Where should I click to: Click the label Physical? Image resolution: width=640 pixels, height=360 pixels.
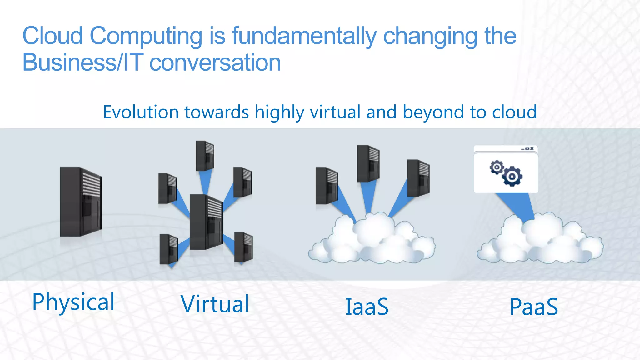tap(73, 302)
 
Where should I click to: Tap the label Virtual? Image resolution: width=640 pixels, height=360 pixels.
tap(215, 304)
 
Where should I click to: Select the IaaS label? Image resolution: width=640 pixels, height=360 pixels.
tap(367, 307)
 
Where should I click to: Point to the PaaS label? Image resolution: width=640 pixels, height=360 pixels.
tap(534, 307)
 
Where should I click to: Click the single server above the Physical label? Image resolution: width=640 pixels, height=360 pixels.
tap(81, 202)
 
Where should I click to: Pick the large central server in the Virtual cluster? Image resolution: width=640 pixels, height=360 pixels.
tap(206, 222)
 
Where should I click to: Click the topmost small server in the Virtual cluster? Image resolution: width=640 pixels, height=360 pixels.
tap(205, 156)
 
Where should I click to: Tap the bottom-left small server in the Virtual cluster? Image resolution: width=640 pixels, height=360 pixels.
tap(168, 249)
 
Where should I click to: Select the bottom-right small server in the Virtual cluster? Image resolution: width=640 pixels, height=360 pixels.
tap(243, 247)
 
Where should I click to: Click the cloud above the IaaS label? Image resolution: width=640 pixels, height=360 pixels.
tap(372, 241)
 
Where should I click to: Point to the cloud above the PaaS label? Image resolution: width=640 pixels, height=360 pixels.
tap(540, 241)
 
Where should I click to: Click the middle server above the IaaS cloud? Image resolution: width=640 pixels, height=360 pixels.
tap(368, 163)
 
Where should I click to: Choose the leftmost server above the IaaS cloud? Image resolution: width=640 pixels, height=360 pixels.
tap(326, 186)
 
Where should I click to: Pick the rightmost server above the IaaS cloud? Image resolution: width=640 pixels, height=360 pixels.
tap(418, 178)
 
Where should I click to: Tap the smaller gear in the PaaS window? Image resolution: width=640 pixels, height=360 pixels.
tap(497, 167)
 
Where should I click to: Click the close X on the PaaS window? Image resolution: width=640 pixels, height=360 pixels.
tap(532, 148)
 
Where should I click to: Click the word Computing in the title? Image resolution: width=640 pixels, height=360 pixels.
tap(146, 36)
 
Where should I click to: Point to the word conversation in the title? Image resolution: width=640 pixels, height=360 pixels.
tap(215, 62)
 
